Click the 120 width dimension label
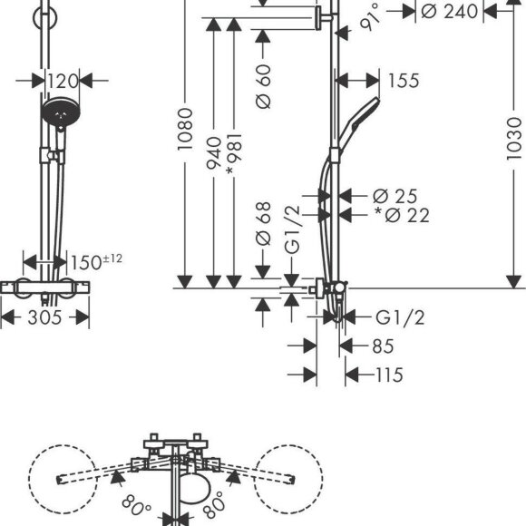click(63, 82)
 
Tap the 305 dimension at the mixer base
click(45, 317)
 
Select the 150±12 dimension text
click(97, 262)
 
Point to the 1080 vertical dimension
click(185, 129)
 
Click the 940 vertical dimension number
click(214, 152)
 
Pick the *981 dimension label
click(234, 154)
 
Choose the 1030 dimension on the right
click(514, 139)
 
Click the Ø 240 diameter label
click(450, 12)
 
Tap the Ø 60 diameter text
click(263, 86)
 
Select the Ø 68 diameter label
click(263, 223)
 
